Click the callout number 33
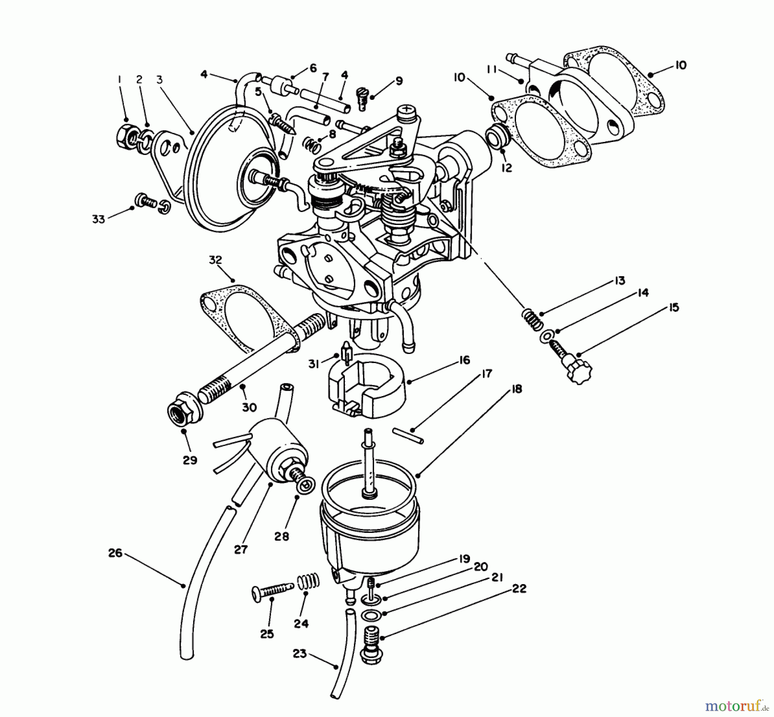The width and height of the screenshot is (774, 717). [98, 219]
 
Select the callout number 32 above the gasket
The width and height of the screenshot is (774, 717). [215, 260]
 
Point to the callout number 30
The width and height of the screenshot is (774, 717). [249, 407]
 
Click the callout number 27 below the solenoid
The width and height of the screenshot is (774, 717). [241, 549]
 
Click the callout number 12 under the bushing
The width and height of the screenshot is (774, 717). [507, 168]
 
